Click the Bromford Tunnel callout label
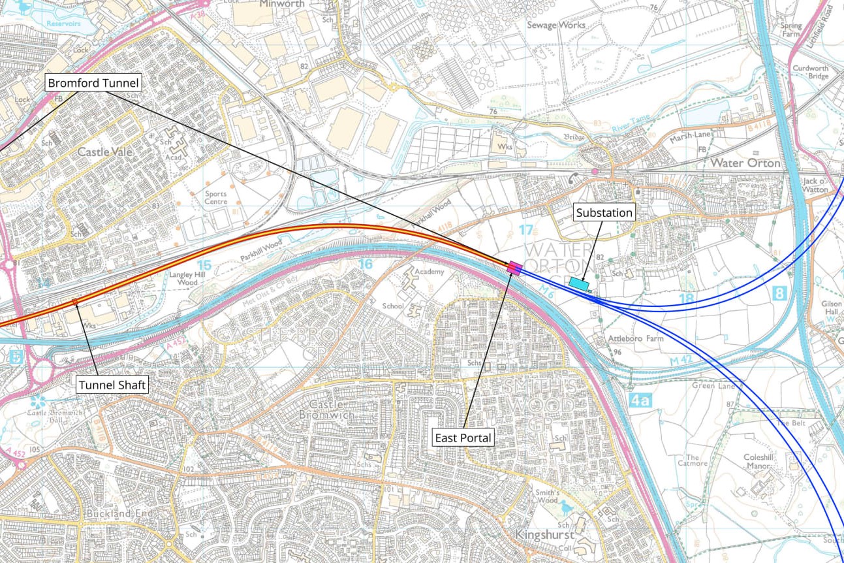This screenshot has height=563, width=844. pyautogui.click(x=93, y=83)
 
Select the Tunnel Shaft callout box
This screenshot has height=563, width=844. pyautogui.click(x=112, y=385)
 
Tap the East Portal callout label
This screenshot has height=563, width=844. pyautogui.click(x=464, y=438)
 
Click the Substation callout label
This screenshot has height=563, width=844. pyautogui.click(x=604, y=213)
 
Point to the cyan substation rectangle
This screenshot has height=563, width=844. pyautogui.click(x=578, y=282)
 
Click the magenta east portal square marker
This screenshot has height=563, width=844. pyautogui.click(x=514, y=266)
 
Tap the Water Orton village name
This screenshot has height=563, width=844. pyautogui.click(x=745, y=163)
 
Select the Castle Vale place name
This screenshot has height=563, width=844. pyautogui.click(x=104, y=152)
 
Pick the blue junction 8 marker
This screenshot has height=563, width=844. pyautogui.click(x=779, y=294)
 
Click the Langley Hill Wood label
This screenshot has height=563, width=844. pyautogui.click(x=183, y=278)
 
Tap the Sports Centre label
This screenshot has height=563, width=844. pyautogui.click(x=216, y=198)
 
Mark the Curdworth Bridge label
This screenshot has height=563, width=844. pyautogui.click(x=810, y=72)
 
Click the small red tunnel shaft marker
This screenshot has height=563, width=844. pyautogui.click(x=74, y=301)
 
